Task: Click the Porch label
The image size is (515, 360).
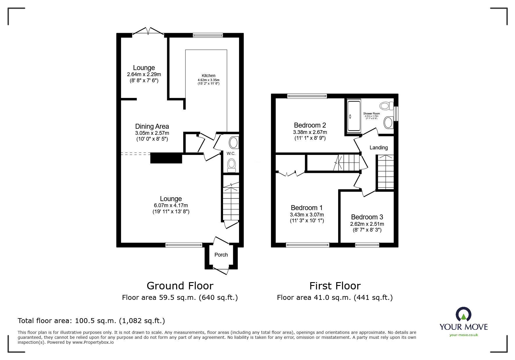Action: (x=221, y=255)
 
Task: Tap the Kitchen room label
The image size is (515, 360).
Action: (x=209, y=76)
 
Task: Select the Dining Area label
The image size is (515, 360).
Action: (x=152, y=126)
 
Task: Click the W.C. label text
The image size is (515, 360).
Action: (x=231, y=153)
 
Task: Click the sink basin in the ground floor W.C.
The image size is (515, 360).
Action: (x=234, y=143)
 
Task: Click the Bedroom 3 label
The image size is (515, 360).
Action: (x=367, y=217)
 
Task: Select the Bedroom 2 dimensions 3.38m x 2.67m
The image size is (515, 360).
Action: (x=310, y=132)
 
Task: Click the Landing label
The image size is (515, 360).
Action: (x=379, y=148)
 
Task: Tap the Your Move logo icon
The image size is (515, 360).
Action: (x=463, y=315)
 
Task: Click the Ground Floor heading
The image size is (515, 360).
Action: (x=180, y=286)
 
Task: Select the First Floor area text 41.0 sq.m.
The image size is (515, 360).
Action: (x=335, y=298)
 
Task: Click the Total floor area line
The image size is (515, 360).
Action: (x=91, y=321)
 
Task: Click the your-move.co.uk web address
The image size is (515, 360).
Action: (x=464, y=335)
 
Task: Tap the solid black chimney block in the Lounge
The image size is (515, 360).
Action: (x=166, y=158)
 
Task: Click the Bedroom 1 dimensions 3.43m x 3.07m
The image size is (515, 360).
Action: (x=307, y=215)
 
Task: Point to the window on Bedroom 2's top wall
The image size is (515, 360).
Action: (x=307, y=96)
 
